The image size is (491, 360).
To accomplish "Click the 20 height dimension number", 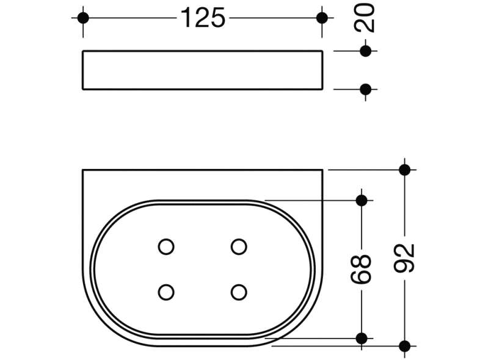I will point(365,19).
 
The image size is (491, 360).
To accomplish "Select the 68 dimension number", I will point(362,269).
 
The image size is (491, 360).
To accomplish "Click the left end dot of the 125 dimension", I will point(84,18).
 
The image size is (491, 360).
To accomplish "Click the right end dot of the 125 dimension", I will point(322,18).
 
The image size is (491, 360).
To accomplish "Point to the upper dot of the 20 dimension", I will point(365,51).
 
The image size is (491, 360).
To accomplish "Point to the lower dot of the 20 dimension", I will point(365,90).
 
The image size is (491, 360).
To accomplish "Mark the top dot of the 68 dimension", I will point(361,200).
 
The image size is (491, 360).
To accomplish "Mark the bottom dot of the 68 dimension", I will point(361,337).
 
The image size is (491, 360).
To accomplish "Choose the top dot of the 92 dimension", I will point(404,169).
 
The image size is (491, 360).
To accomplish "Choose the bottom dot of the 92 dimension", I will point(404,346).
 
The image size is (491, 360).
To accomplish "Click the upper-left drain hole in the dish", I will point(165,247).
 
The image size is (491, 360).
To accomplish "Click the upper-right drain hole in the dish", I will point(239,247).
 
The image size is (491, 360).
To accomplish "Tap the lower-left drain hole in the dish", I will point(165,291).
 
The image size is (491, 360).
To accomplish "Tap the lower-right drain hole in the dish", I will point(239,291).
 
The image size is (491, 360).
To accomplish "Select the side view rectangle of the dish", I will point(203,70).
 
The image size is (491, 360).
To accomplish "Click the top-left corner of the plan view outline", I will point(82,170).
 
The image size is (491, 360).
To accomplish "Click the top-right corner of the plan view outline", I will point(322,170).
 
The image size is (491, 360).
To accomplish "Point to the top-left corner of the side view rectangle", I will point(82,51).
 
